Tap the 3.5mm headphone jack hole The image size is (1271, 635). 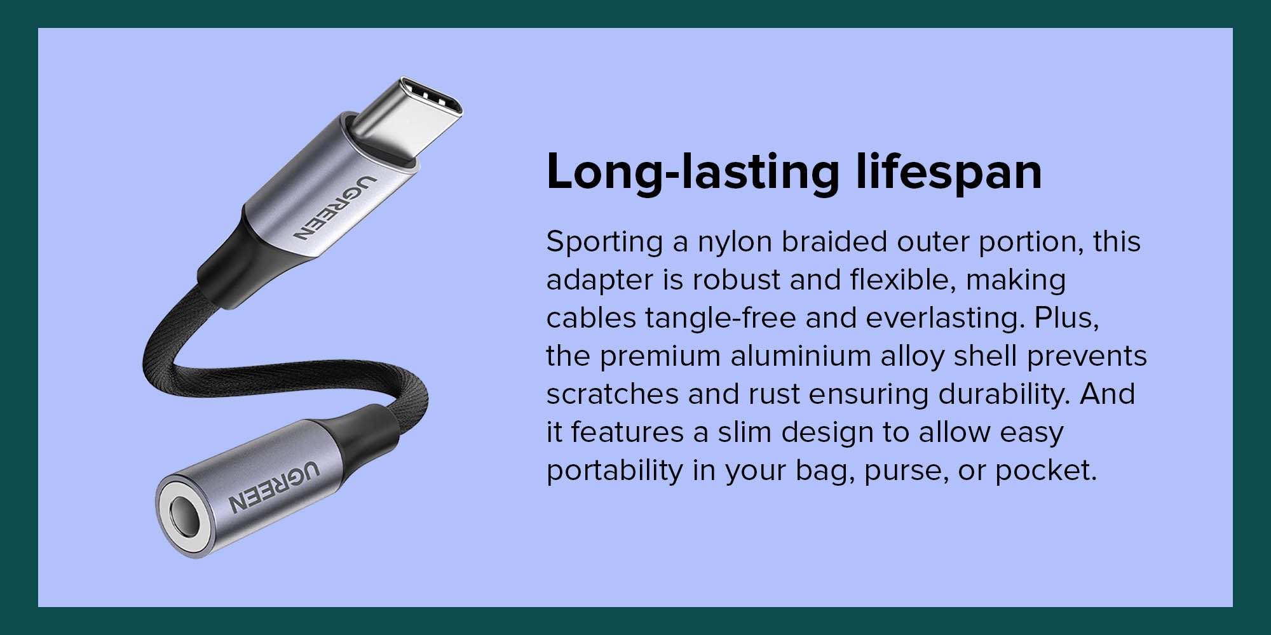point(184,517)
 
